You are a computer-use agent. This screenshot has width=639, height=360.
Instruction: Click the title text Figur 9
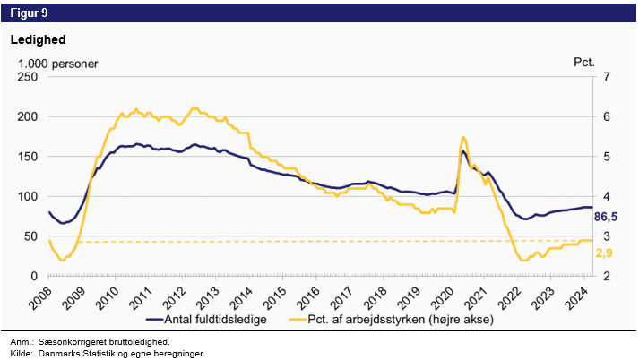pyautogui.click(x=30, y=13)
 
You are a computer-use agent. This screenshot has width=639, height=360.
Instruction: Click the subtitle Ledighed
pyautogui.click(x=38, y=40)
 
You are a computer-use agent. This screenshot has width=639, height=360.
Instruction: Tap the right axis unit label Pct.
pyautogui.click(x=583, y=64)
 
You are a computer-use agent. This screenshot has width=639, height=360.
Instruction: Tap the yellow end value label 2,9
pyautogui.click(x=606, y=254)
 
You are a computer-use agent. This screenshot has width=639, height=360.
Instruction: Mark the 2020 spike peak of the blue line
pyautogui.click(x=462, y=150)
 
